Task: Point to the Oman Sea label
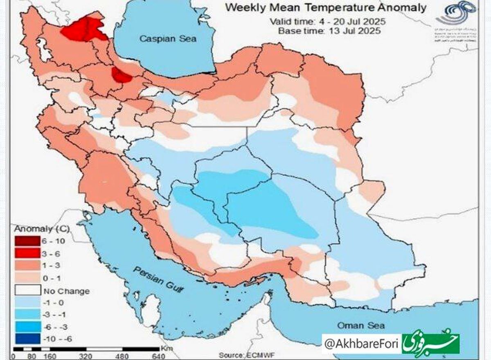360,325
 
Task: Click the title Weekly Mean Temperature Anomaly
326,7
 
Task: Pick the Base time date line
330,31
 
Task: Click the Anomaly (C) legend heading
36,229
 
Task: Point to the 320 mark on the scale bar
87,356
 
